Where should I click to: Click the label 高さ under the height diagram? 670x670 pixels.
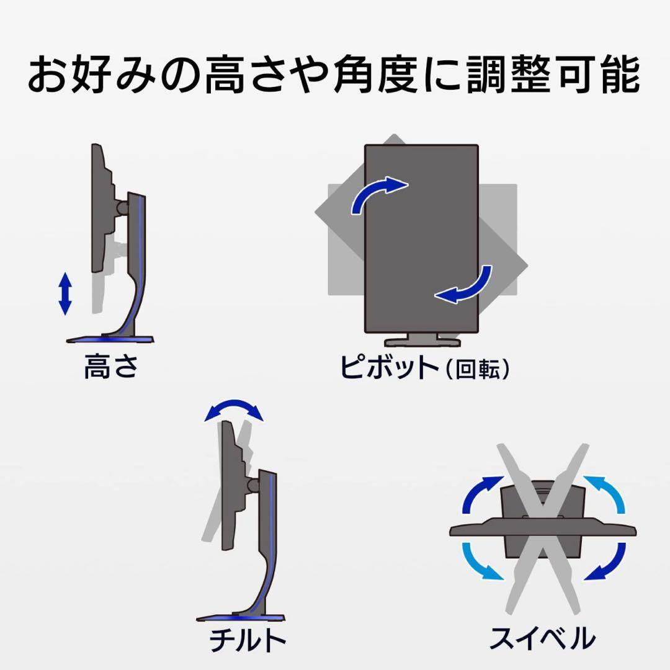tap(111, 366)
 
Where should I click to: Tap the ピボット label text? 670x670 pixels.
tap(389, 367)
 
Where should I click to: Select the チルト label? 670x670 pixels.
tap(248, 640)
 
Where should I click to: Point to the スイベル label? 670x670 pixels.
tap(542, 638)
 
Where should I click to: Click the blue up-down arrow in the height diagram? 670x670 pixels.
tap(65, 293)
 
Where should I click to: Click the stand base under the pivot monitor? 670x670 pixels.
tap(422, 340)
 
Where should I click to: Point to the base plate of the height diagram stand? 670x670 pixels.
tap(110, 339)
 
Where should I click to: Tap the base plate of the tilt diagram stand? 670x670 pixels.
tap(241, 618)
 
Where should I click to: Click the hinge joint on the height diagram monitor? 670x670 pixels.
tap(122, 208)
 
